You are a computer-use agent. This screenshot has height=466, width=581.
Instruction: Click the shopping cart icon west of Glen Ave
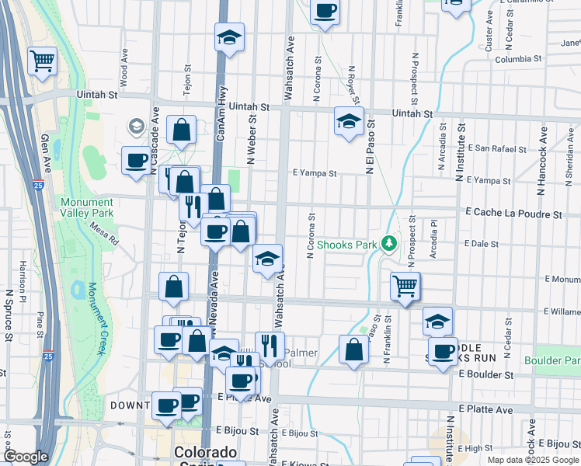pos(42,60)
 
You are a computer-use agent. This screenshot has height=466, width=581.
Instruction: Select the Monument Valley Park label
pos(87,207)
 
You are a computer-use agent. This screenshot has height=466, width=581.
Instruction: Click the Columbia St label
pos(518,58)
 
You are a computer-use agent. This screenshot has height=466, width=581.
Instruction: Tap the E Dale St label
pos(481,243)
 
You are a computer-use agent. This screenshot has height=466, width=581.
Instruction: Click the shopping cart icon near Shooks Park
pos(405,286)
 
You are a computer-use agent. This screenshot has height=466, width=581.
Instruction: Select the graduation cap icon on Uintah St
pos(350,121)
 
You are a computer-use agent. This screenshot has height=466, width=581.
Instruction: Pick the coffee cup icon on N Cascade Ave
pos(137,161)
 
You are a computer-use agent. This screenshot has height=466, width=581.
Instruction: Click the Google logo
pos(26,457)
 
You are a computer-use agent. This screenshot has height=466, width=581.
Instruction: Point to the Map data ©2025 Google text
pos(533,460)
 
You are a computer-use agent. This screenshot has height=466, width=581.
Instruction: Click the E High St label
pos(477,448)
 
